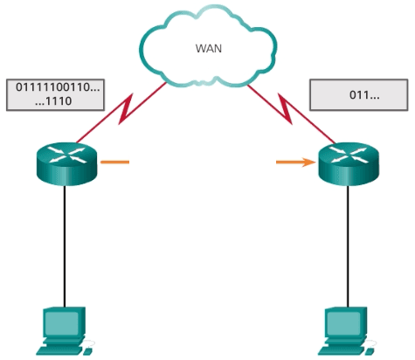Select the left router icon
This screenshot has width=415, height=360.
[x=64, y=163]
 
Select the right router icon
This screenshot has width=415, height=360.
[x=349, y=163]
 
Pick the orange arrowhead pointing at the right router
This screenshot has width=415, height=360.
[x=311, y=162]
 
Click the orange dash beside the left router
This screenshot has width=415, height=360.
[x=114, y=162]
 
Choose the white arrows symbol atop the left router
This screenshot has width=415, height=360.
[x=64, y=156]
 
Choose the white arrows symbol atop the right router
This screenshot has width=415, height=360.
[x=349, y=156]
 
